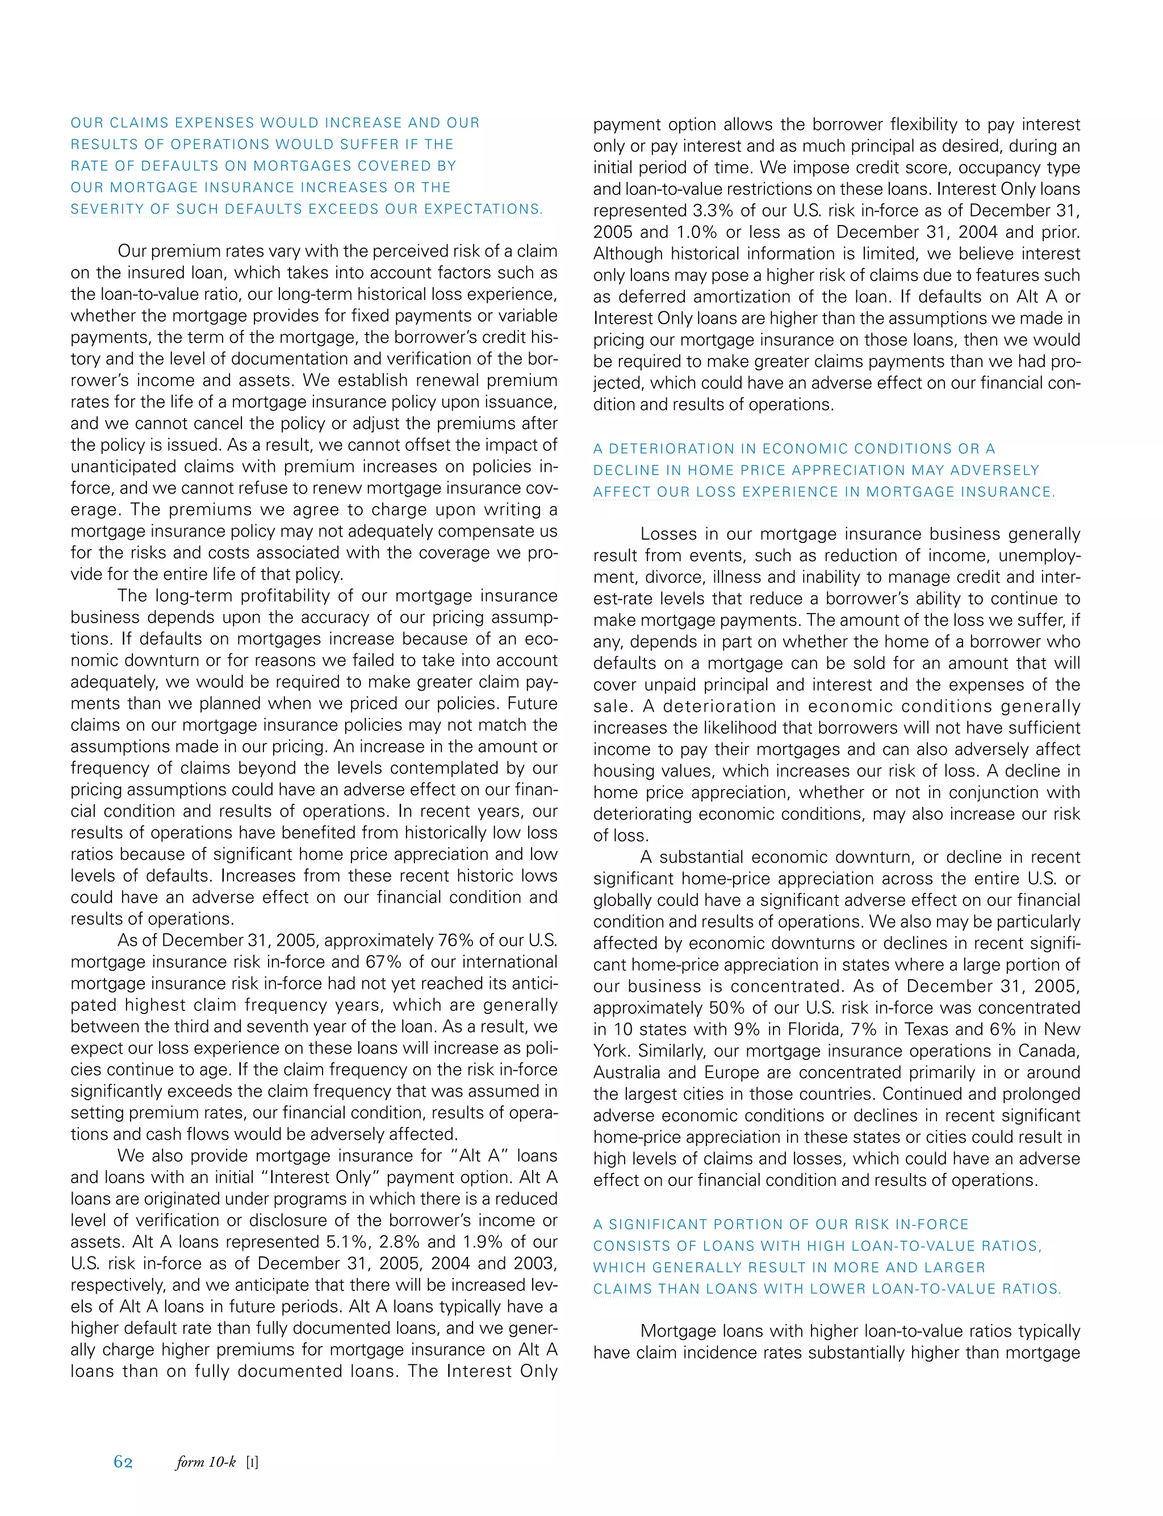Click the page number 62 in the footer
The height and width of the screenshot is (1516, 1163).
[123, 1461]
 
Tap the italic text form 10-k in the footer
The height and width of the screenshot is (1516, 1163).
[206, 1461]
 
